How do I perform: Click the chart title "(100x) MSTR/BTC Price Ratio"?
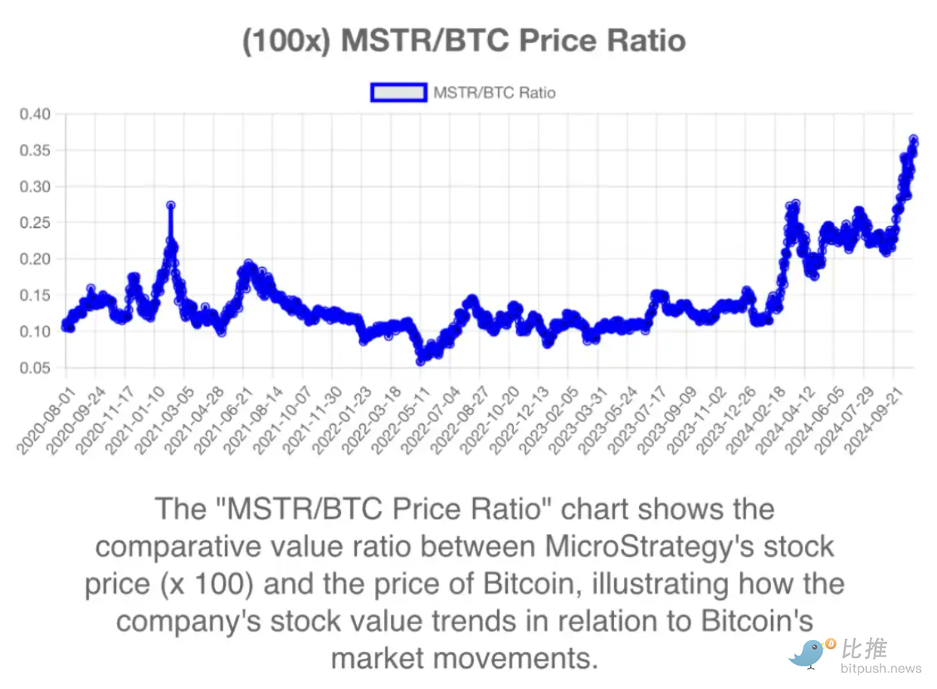464,41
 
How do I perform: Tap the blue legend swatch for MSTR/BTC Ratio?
399,93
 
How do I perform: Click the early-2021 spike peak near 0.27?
171,205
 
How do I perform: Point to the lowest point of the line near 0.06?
421,361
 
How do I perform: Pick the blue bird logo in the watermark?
809,652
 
